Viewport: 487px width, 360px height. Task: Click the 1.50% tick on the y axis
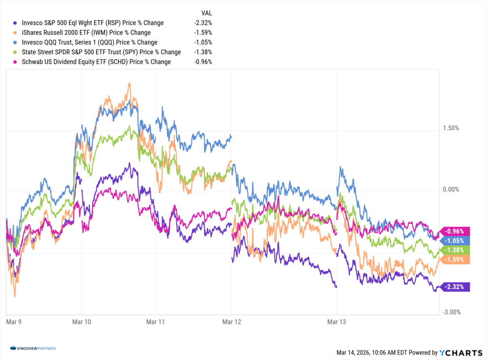pyautogui.click(x=451, y=128)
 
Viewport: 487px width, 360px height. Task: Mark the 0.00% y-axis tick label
pyautogui.click(x=451, y=190)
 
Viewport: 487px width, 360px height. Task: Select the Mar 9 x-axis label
pyautogui.click(x=13, y=322)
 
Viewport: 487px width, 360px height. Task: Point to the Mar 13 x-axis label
pyautogui.click(x=336, y=322)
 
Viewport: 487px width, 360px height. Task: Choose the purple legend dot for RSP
pyautogui.click(x=16, y=23)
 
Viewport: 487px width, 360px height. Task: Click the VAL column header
pyautogui.click(x=206, y=13)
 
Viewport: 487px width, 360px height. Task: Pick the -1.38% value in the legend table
pyautogui.click(x=203, y=52)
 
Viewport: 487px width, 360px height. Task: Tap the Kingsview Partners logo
pyautogui.click(x=32, y=349)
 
